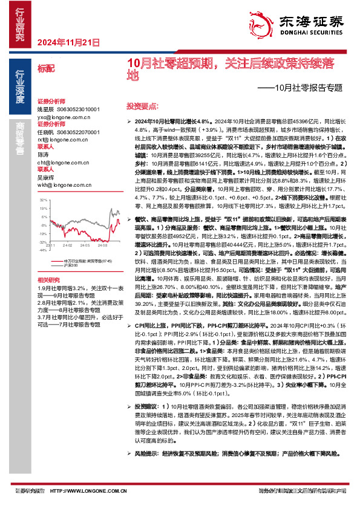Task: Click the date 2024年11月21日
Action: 68,42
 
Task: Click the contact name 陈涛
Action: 43,155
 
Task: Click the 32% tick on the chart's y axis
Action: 43,199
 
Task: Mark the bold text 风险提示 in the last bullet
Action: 149,470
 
